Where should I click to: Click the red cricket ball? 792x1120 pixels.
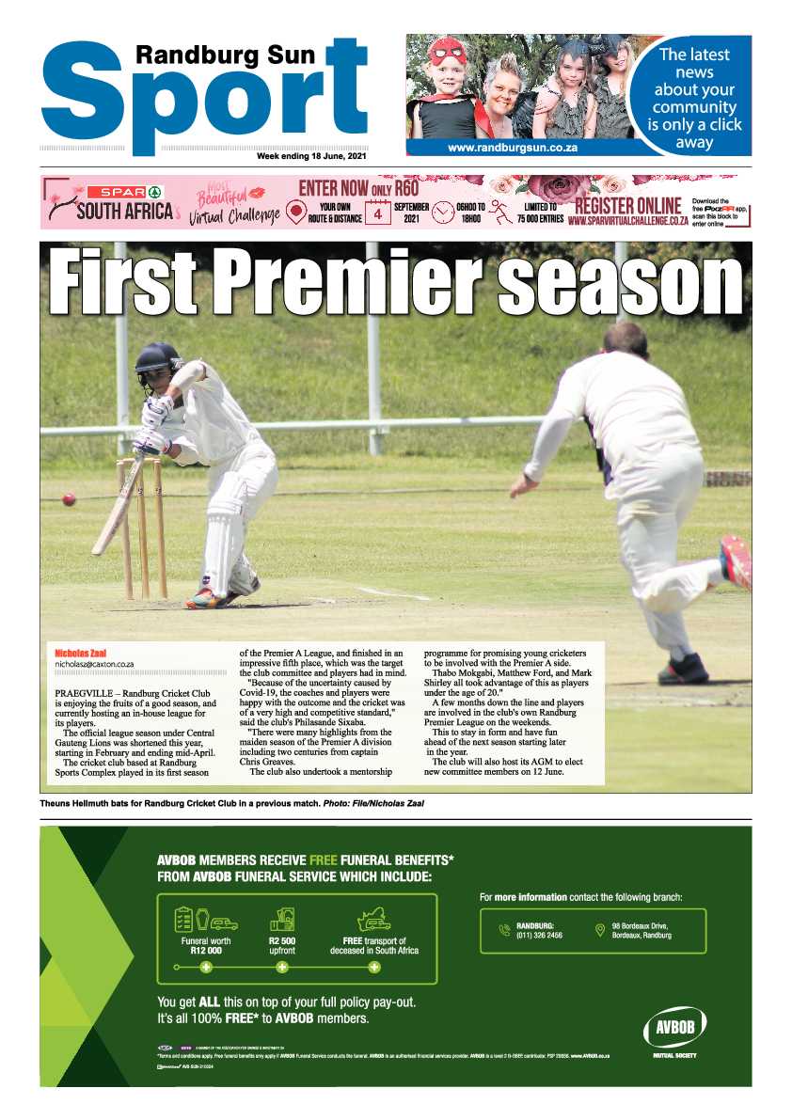click(x=69, y=499)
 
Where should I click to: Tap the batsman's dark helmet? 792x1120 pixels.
click(x=158, y=359)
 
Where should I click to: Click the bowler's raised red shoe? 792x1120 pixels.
click(x=737, y=561)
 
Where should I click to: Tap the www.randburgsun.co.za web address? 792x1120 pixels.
click(x=512, y=148)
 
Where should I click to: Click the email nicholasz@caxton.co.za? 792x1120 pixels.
click(x=94, y=664)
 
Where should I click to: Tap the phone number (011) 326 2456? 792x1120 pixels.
click(x=539, y=936)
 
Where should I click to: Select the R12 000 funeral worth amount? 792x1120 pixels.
click(x=205, y=951)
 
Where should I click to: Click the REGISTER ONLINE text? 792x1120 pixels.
click(x=627, y=205)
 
